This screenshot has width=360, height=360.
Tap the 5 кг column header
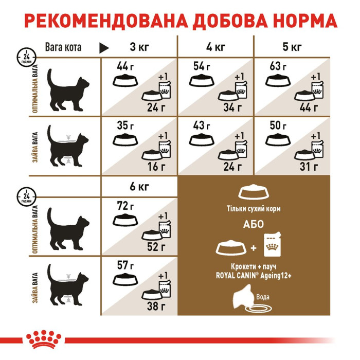point(292,48)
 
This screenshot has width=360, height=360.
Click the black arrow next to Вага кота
point(104,48)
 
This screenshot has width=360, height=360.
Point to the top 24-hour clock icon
point(23,55)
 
